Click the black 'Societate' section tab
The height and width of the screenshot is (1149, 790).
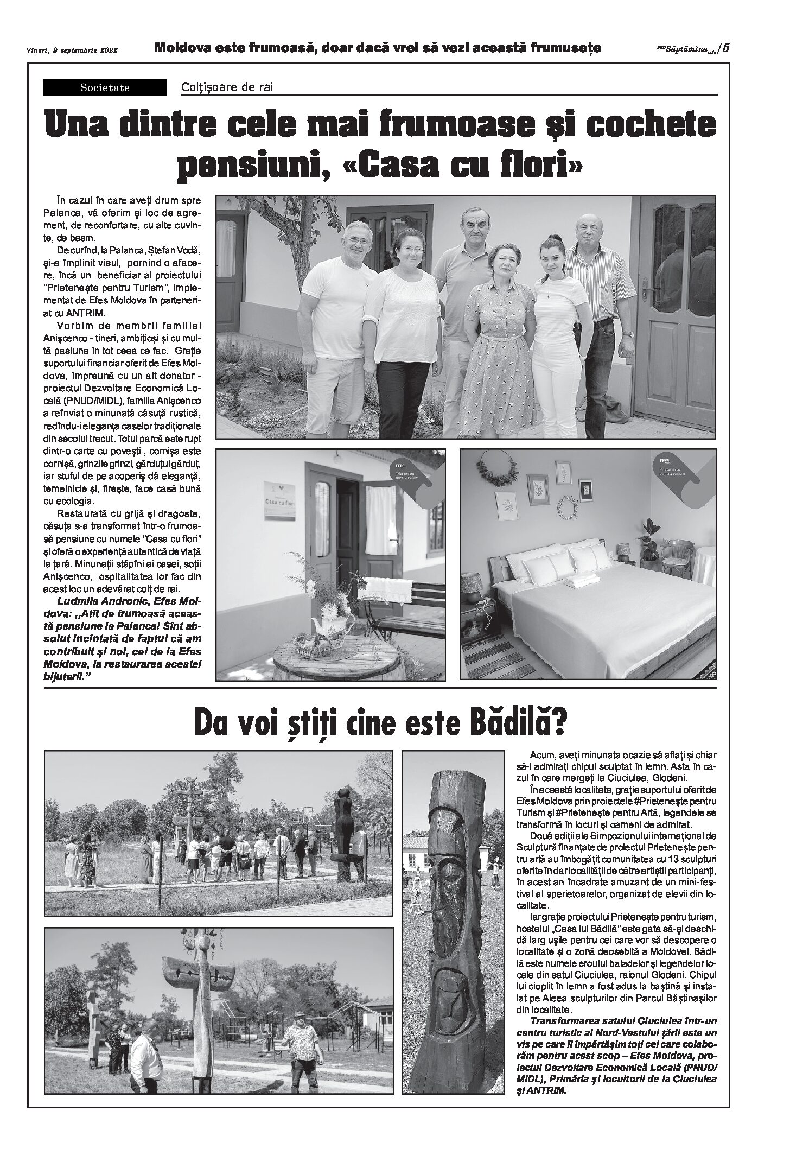tap(105, 87)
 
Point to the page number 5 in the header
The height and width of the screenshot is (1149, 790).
tap(726, 47)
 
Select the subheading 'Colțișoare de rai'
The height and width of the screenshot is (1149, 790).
tap(227, 87)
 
